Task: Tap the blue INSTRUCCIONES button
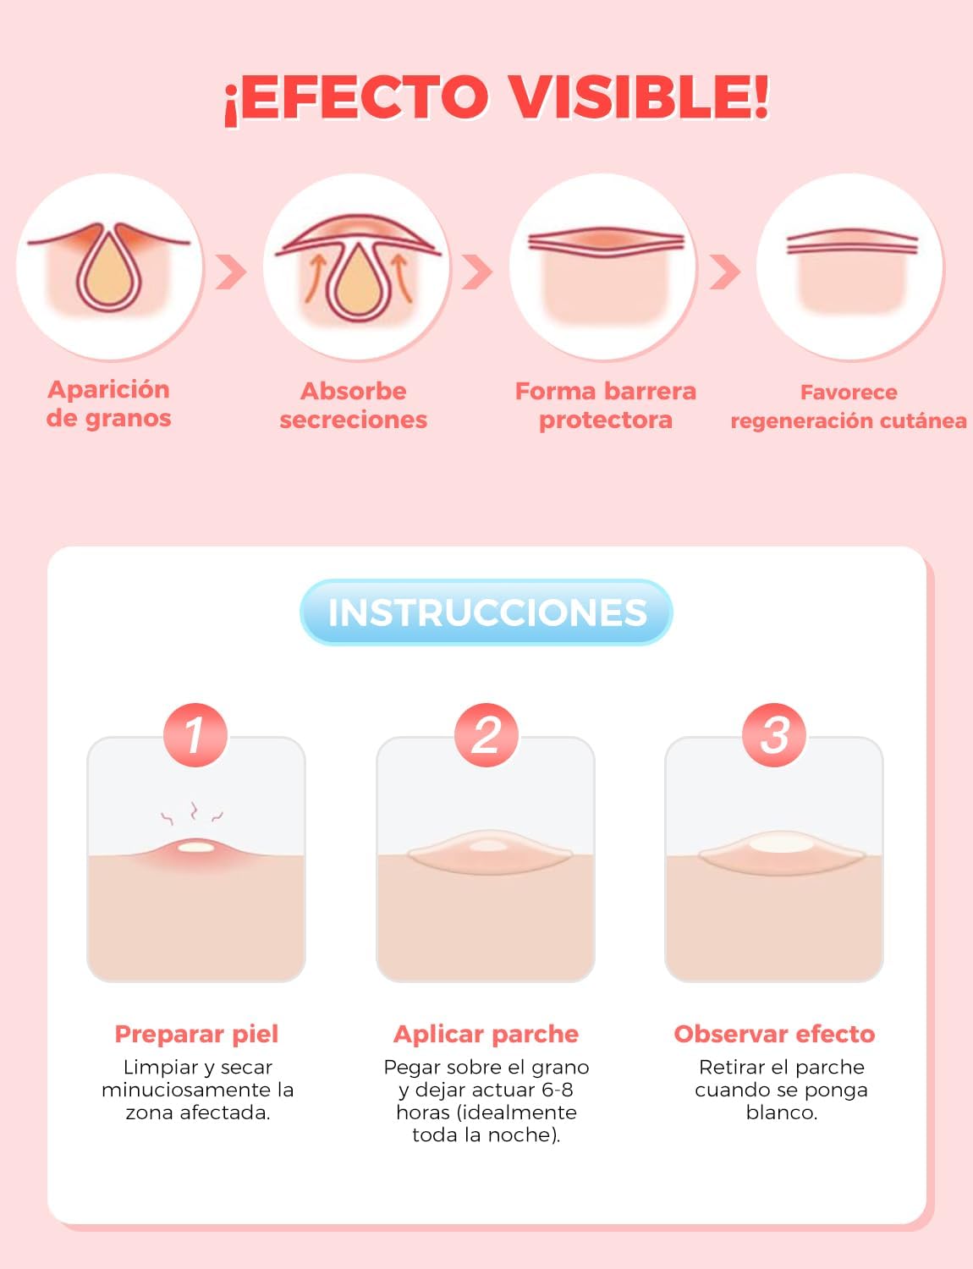pyautogui.click(x=486, y=612)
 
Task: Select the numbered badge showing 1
pyautogui.click(x=195, y=734)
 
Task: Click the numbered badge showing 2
pyautogui.click(x=486, y=734)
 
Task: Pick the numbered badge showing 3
pyautogui.click(x=774, y=734)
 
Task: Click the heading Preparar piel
pyautogui.click(x=196, y=1035)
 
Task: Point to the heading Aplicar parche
pyautogui.click(x=486, y=1035)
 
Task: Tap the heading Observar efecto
pyautogui.click(x=774, y=1035)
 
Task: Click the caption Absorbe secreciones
pyautogui.click(x=354, y=405)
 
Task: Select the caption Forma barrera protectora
pyautogui.click(x=606, y=405)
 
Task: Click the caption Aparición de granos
pyautogui.click(x=108, y=404)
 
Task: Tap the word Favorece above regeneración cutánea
pyautogui.click(x=849, y=392)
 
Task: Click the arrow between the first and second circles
pyautogui.click(x=231, y=272)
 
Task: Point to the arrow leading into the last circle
pyautogui.click(x=725, y=272)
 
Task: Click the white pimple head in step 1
pyautogui.click(x=195, y=847)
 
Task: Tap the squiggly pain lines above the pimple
pyautogui.click(x=192, y=812)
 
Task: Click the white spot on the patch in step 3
pyautogui.click(x=780, y=843)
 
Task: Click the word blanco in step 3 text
pyautogui.click(x=782, y=1112)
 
